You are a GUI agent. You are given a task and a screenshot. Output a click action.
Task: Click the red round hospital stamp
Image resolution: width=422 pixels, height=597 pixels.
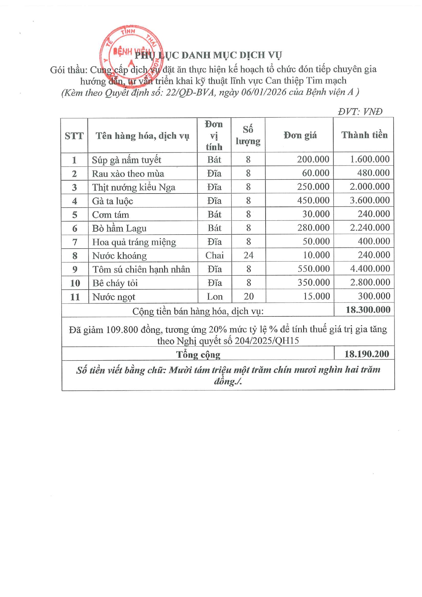pyautogui.click(x=131, y=54)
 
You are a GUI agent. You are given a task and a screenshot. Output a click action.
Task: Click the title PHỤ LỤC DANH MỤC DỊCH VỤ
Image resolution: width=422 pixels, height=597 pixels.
pyautogui.click(x=208, y=55)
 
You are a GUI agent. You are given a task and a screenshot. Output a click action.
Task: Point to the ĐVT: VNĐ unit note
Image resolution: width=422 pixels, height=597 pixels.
pyautogui.click(x=360, y=112)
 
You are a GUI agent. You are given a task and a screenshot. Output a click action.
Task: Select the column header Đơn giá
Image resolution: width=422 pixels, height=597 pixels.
pyautogui.click(x=300, y=135)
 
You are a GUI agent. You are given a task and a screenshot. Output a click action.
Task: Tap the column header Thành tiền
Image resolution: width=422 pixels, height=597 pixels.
pyautogui.click(x=364, y=135)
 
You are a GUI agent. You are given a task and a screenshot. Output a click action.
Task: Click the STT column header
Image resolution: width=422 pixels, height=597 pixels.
pyautogui.click(x=74, y=136)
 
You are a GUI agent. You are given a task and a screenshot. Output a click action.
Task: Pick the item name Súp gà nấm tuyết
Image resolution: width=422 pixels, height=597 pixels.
pyautogui.click(x=126, y=160)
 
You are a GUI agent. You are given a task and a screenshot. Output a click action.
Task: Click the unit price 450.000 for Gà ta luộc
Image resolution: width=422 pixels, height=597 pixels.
pyautogui.click(x=313, y=200)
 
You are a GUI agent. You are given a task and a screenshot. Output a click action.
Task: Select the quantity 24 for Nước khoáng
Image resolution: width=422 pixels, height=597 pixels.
pyautogui.click(x=249, y=255)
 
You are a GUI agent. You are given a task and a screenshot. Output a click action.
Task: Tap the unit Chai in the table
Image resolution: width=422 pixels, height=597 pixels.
pyautogui.click(x=215, y=255)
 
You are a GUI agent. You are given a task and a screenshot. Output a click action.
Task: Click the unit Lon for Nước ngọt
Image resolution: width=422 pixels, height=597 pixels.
pyautogui.click(x=215, y=296)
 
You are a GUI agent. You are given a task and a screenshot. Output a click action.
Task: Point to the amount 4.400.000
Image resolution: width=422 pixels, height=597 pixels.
pyautogui.click(x=370, y=269)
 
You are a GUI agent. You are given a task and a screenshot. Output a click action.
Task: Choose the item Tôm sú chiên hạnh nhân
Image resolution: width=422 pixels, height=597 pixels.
pyautogui.click(x=141, y=269)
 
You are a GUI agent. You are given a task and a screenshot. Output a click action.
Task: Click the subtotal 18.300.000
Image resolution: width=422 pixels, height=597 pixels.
pyautogui.click(x=368, y=310)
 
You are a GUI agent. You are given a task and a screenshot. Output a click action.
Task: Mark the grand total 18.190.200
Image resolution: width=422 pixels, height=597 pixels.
pyautogui.click(x=367, y=354)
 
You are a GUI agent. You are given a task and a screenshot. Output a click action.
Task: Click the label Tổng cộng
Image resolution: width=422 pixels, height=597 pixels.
pyautogui.click(x=198, y=354)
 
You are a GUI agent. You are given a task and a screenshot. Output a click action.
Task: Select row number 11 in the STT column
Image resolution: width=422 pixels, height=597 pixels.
pyautogui.click(x=75, y=297)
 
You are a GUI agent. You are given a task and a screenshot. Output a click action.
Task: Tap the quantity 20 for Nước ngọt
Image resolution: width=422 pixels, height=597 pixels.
pyautogui.click(x=249, y=296)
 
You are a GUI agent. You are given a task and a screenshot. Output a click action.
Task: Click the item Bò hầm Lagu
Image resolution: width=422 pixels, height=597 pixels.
pyautogui.click(x=119, y=228)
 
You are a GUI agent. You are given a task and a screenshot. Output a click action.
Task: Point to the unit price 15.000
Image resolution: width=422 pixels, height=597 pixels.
pyautogui.click(x=316, y=296)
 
